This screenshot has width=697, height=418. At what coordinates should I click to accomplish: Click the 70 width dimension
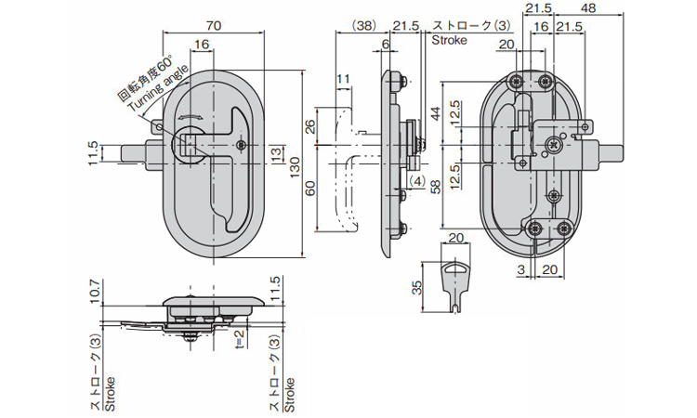click(x=212, y=28)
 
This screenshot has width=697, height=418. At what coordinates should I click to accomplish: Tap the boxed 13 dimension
click(x=275, y=152)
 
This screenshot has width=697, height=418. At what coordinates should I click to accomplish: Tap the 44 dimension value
click(x=436, y=113)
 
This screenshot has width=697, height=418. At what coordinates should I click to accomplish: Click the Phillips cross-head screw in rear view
click(x=555, y=144)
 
